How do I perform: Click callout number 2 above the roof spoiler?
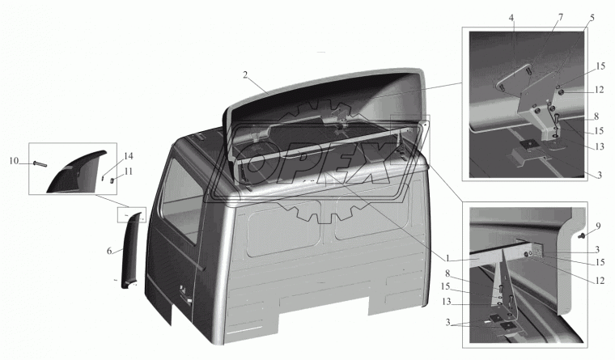click(x=245, y=75)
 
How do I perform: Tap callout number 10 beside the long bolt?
click(x=14, y=161)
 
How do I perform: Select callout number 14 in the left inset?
click(x=128, y=156)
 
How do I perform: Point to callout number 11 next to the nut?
click(x=128, y=172)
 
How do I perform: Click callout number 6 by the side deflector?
click(x=109, y=251)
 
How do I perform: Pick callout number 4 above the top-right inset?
click(x=512, y=18)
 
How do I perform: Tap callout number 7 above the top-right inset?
click(x=561, y=17)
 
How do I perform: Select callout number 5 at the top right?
click(x=592, y=18)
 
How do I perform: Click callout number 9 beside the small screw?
click(x=598, y=227)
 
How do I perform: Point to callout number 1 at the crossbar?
click(x=447, y=258)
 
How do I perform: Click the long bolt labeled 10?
click(x=40, y=163)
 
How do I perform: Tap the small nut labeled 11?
click(x=111, y=180)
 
